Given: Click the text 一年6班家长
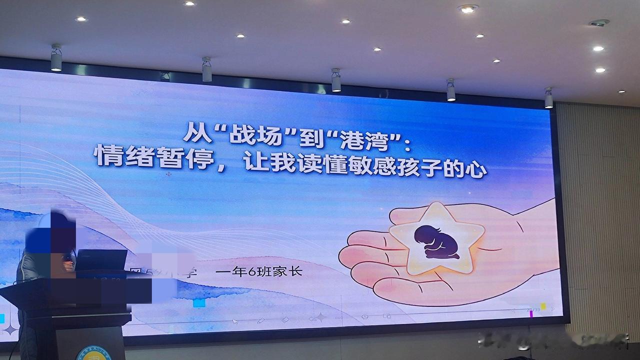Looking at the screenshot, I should [x=259, y=272].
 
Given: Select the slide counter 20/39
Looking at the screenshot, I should [x=533, y=309].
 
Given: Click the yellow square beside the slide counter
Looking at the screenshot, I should [x=543, y=306].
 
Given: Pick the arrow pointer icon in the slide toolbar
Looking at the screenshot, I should [x=235, y=321].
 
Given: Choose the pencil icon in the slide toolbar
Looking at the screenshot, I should [x=260, y=320].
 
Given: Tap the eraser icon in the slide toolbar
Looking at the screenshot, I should [x=285, y=319].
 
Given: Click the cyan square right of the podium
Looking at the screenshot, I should [x=199, y=303].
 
